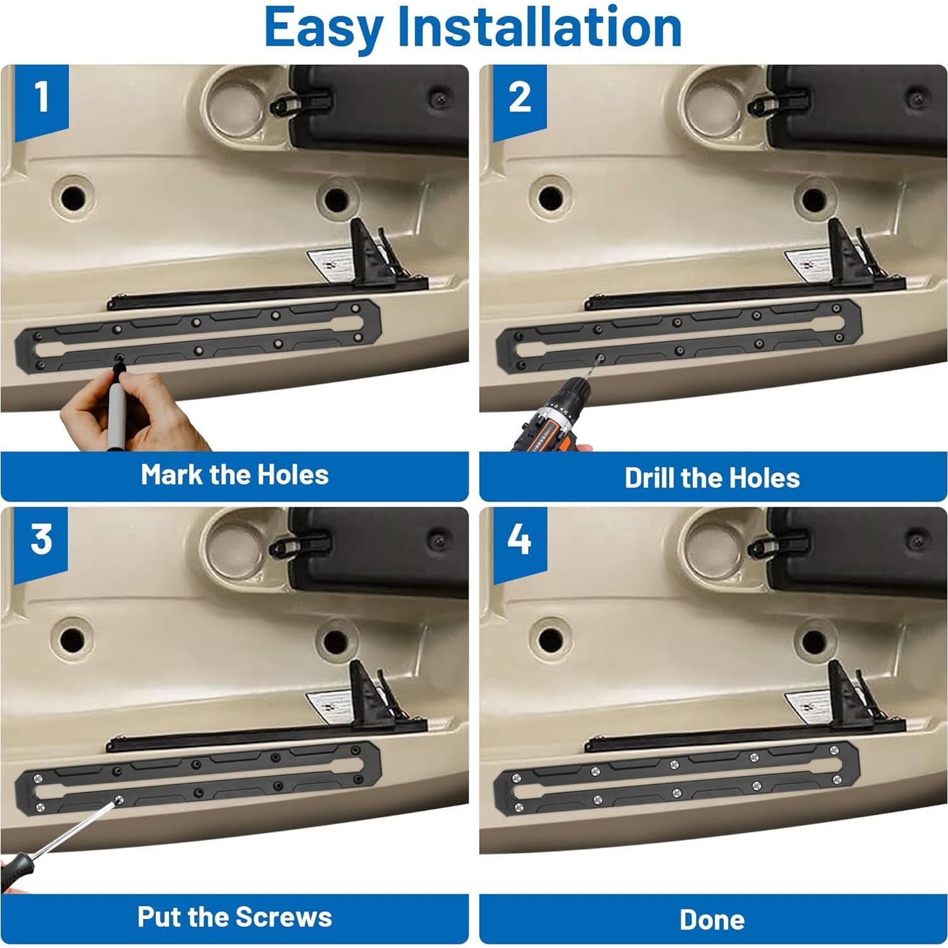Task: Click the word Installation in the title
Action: tap(540, 27)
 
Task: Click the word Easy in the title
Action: tap(324, 29)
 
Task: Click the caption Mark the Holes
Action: tap(234, 474)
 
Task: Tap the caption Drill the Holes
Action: tap(712, 478)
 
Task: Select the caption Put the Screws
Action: tap(234, 917)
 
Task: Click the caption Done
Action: tap(712, 920)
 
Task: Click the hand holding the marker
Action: tap(133, 415)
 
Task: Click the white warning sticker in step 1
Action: tap(331, 264)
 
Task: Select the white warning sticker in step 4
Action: tap(808, 706)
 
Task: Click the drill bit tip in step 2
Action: tap(599, 359)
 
